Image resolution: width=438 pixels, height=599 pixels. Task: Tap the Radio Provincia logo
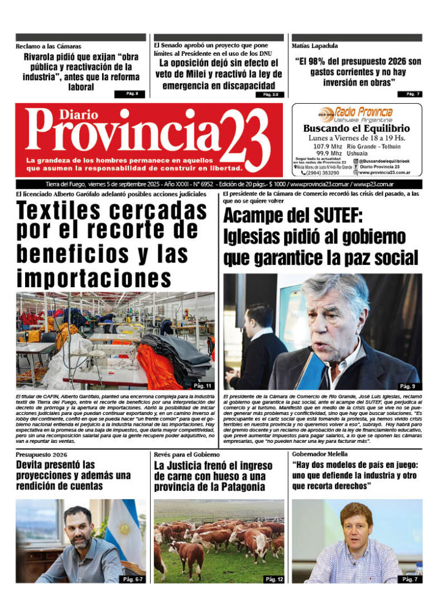point(356,113)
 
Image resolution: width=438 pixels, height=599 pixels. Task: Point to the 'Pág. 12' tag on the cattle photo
point(273,579)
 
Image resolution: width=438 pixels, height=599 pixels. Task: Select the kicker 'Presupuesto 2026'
point(42,455)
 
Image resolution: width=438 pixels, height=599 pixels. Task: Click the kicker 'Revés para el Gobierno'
point(186,455)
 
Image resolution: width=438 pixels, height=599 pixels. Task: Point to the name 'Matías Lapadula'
point(315,46)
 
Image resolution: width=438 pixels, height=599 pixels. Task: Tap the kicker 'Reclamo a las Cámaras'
point(48,46)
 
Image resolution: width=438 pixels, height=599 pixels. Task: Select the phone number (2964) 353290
point(323,173)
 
